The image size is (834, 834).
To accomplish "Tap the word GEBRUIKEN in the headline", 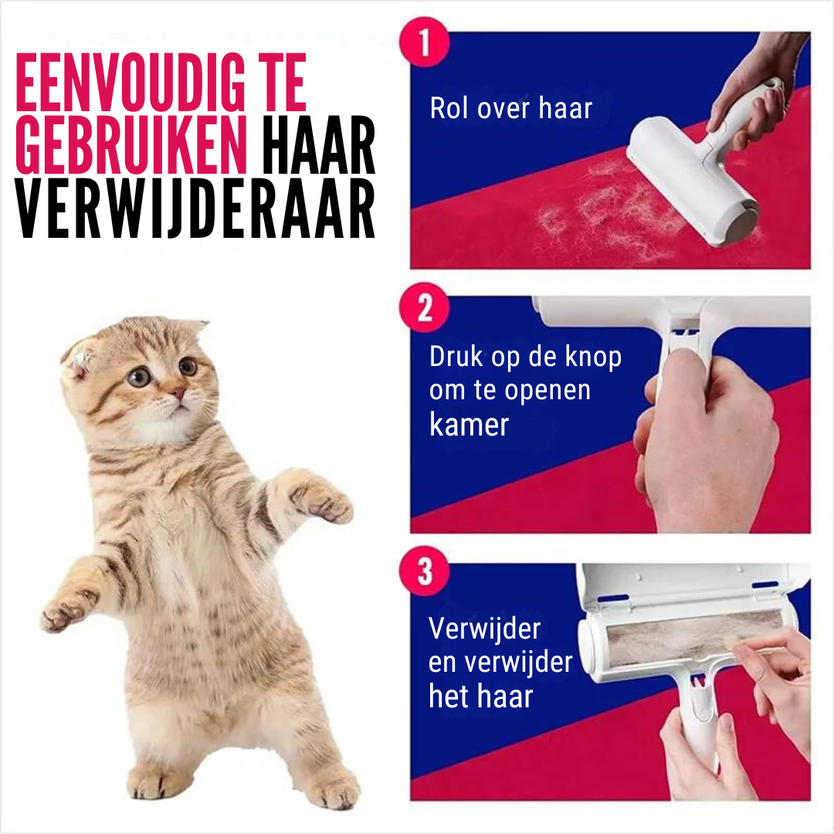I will pos(131,147).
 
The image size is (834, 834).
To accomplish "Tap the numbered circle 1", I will pos(423,43).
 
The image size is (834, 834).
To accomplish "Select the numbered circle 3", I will pos(423,575).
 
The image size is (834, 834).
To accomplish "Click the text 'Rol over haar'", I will pos(510,108).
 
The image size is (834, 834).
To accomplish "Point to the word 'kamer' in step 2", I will pos(469,425).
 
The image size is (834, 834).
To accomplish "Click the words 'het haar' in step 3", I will pos(480,696).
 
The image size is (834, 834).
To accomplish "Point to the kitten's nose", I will pos(177,394).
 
